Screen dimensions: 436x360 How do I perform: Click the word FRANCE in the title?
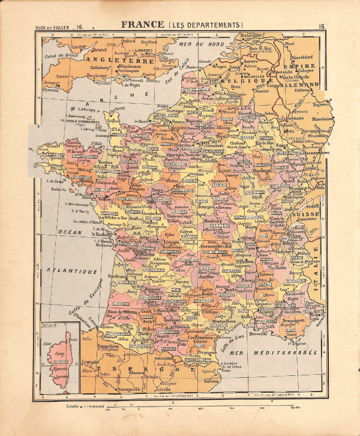tap(143, 25)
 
